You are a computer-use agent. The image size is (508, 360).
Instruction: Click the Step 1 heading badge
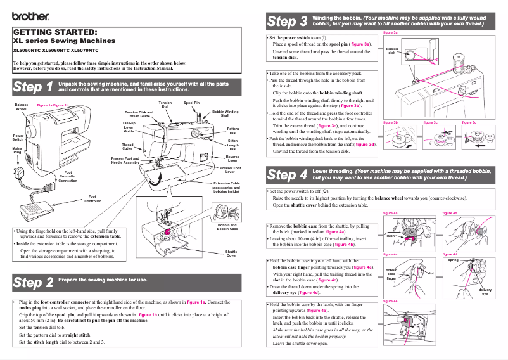click(33, 87)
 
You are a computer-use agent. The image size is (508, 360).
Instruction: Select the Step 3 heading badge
click(287, 22)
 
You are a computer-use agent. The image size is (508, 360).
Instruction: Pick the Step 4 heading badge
click(287, 174)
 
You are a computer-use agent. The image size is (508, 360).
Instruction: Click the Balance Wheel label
click(22, 106)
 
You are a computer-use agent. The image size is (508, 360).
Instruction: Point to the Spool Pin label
click(191, 103)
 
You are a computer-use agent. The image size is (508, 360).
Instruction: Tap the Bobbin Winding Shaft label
click(225, 113)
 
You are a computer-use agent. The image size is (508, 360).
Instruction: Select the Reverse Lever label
click(232, 158)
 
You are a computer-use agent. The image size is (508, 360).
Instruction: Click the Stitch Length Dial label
click(232, 145)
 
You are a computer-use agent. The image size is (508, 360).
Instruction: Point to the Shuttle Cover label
click(231, 254)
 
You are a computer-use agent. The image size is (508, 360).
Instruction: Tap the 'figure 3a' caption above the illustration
click(390, 32)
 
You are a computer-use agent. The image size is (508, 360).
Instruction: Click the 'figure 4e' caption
click(390, 302)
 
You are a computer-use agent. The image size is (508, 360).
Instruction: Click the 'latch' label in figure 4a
click(390, 235)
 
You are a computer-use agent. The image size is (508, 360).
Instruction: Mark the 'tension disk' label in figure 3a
click(391, 51)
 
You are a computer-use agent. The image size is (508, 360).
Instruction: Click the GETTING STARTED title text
click(55, 32)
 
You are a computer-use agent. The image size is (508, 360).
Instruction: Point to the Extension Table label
click(226, 186)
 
